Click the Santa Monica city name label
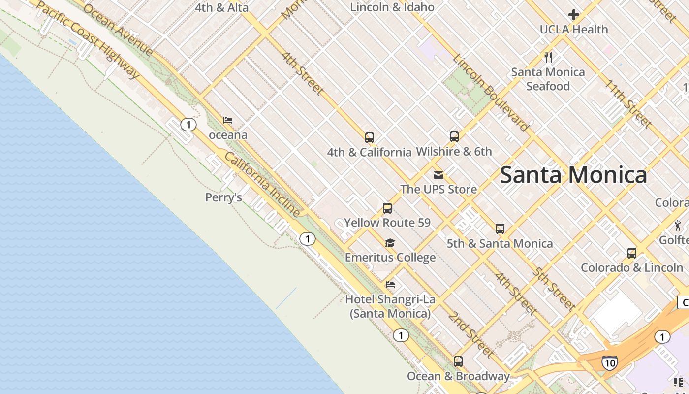tap(573, 175)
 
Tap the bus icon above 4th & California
tap(370, 137)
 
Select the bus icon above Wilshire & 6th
tap(454, 136)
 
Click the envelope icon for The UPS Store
tap(438, 175)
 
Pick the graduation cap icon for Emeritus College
tap(390, 243)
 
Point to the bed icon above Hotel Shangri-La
tap(390, 284)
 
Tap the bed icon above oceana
tap(228, 120)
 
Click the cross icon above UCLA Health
tap(573, 15)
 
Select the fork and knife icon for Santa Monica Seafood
tap(548, 57)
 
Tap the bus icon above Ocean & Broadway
tap(458, 361)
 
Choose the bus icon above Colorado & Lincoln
tap(632, 253)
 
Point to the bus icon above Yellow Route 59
tap(387, 208)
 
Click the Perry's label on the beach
tap(223, 197)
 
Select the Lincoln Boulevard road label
tap(491, 93)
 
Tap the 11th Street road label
tap(628, 103)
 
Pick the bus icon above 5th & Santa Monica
tap(500, 229)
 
